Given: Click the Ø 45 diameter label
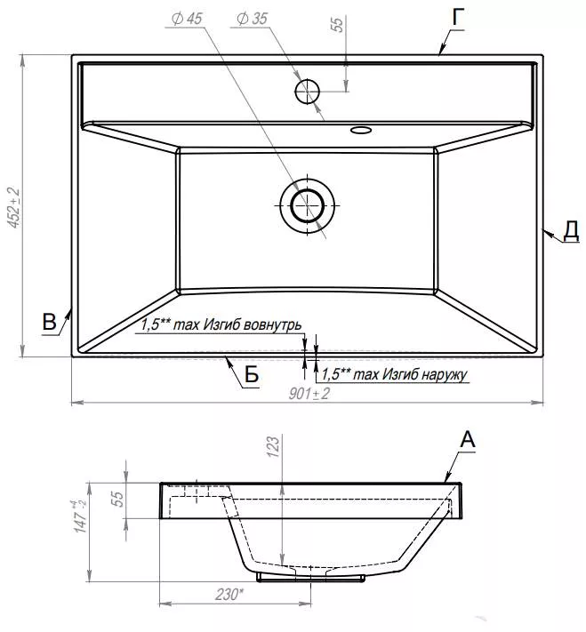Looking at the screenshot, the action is point(187,19).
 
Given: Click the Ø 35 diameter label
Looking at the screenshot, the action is point(252,19).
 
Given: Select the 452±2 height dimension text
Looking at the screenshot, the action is point(14,208).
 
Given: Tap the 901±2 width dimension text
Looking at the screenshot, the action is point(309,394).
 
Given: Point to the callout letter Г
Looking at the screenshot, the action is point(458,17).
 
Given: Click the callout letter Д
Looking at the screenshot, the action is point(571,230).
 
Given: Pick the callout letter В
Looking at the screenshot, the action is point(49,322).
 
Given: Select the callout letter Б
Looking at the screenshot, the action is point(252,374).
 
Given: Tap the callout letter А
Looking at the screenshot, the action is point(468,439).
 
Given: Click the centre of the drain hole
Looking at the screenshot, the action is point(308,205).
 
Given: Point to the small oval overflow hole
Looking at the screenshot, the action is point(361,130).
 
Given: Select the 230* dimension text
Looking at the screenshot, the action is point(229,595).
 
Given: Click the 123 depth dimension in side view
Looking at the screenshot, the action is point(273,446).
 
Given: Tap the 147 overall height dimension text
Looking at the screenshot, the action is point(80,516).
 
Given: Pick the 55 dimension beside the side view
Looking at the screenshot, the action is point(116,499).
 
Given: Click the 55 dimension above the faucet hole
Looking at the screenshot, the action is point(337,24).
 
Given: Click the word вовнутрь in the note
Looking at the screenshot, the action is point(273,324).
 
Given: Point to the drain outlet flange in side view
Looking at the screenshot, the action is point(310,578).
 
